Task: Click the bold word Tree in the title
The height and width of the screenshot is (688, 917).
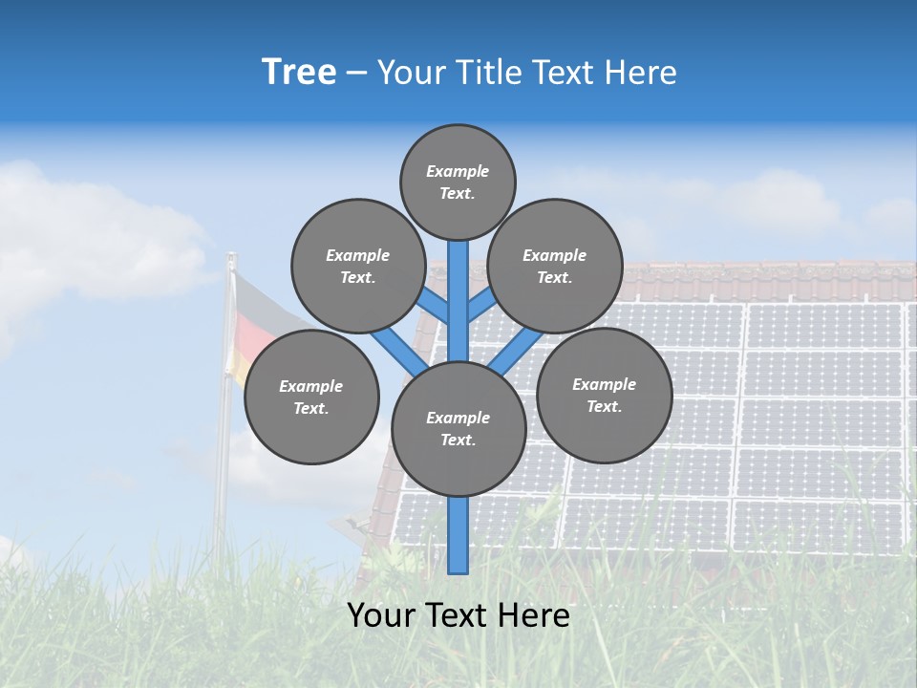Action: pyautogui.click(x=299, y=73)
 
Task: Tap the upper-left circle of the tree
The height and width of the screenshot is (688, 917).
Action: pyautogui.click(x=357, y=266)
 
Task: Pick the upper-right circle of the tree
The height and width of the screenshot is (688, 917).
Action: pyautogui.click(x=555, y=266)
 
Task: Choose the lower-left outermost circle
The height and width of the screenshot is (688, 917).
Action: pyautogui.click(x=311, y=397)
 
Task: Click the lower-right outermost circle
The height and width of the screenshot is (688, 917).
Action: pyautogui.click(x=604, y=395)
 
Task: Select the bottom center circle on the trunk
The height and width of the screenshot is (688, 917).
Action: pyautogui.click(x=458, y=429)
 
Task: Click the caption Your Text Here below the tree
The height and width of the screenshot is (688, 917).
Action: pyautogui.click(x=458, y=615)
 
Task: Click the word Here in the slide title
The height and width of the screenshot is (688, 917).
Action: pyautogui.click(x=643, y=73)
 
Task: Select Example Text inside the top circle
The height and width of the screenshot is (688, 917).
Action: pyautogui.click(x=458, y=182)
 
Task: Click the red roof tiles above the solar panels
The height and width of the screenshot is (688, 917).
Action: pyautogui.click(x=764, y=282)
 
